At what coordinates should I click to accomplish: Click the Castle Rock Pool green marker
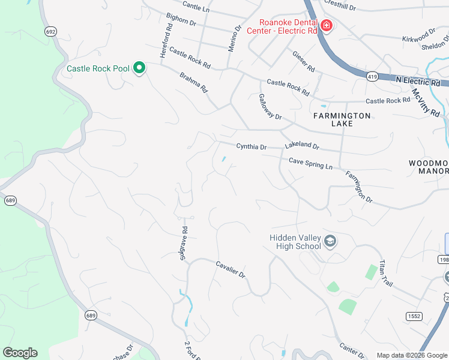click(x=139, y=68)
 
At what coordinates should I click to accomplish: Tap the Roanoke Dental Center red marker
click(x=326, y=25)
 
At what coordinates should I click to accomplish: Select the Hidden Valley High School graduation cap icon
click(x=330, y=241)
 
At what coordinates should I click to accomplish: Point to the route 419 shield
click(x=373, y=76)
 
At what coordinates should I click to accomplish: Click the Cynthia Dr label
click(x=251, y=146)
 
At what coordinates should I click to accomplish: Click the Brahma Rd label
click(x=193, y=82)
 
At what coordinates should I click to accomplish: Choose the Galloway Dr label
click(x=270, y=106)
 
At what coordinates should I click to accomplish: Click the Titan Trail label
click(x=386, y=274)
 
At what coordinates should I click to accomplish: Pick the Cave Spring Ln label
click(x=310, y=163)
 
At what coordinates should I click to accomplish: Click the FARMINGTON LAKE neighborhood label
click(x=342, y=119)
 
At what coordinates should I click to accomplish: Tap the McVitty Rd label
click(x=426, y=103)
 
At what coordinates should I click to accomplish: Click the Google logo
click(x=20, y=353)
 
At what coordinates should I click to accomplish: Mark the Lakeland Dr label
click(x=302, y=146)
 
